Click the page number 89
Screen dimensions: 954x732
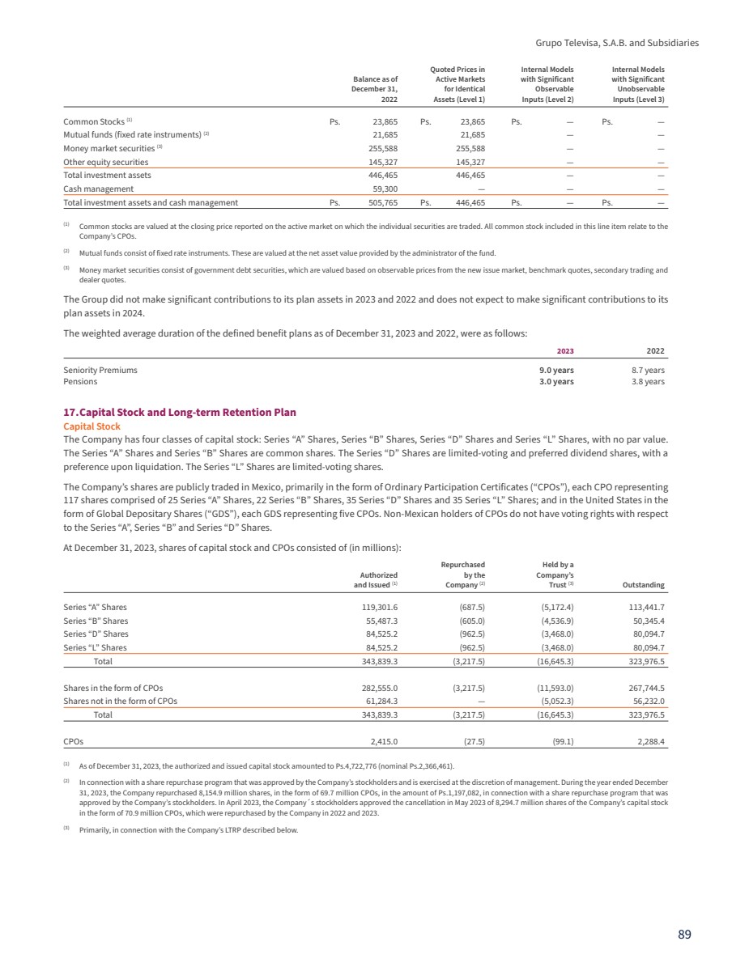[x=684, y=934]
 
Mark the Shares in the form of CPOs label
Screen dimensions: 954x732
[x=113, y=688]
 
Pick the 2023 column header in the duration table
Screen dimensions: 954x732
[x=564, y=350]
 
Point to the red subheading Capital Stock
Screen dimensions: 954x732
[x=91, y=426]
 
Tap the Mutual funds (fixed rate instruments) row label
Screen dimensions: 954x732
[x=133, y=134]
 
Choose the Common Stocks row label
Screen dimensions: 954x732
[x=94, y=121]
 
